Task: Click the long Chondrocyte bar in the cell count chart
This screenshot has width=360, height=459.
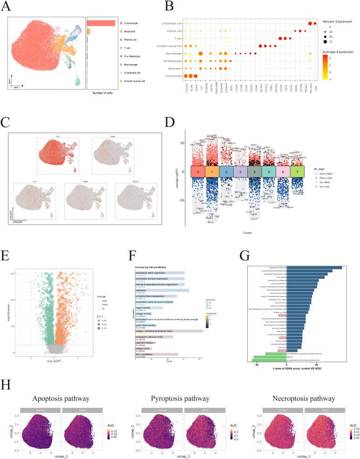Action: (101, 23)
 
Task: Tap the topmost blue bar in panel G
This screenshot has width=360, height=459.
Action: (314, 268)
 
